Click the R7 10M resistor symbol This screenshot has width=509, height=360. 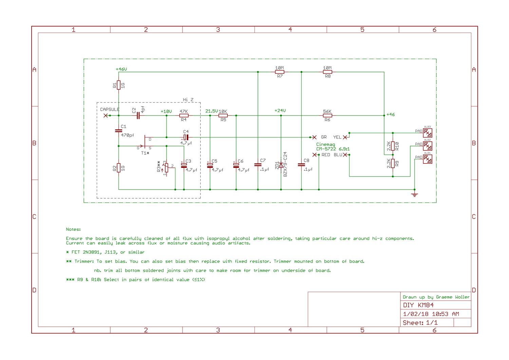pos(279,72)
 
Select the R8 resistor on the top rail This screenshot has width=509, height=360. pos(327,72)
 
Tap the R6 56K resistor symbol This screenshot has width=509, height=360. pos(327,115)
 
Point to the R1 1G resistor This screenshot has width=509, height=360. pos(119,85)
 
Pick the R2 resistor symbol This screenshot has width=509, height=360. pos(119,168)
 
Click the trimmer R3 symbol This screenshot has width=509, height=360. pos(166,167)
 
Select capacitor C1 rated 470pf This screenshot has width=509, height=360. pos(119,130)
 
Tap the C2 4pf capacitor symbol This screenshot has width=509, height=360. pos(138,115)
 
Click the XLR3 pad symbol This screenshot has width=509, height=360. pos(428,133)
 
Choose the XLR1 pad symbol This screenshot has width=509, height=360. pos(428,159)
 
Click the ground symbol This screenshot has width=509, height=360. pos(414,195)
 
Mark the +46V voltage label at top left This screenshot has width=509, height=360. pos(121,69)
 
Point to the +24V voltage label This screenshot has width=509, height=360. pos(280,110)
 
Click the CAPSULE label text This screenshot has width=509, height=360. pos(110,109)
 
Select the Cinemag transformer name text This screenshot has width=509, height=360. pos(326,144)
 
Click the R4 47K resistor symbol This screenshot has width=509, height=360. pos(184,115)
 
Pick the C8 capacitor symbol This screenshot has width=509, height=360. pos(301,165)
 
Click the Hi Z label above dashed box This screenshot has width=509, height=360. pos(188,100)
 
